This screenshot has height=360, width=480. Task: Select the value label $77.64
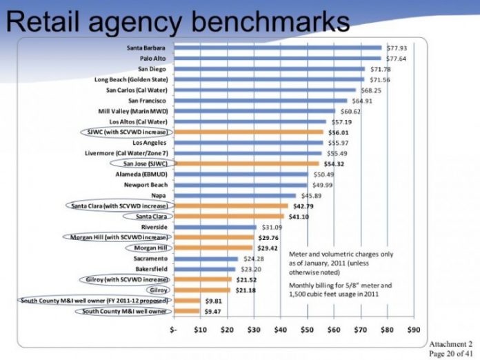pyautogui.click(x=399, y=59)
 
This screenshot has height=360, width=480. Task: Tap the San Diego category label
pyautogui.click(x=152, y=69)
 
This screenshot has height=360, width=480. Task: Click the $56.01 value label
pyautogui.click(x=338, y=132)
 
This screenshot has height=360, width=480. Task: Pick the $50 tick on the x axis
pyautogui.click(x=307, y=330)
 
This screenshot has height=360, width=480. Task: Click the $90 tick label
pyautogui.click(x=414, y=330)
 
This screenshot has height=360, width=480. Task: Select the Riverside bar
pyautogui.click(x=214, y=226)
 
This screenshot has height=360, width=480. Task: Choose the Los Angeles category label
pyautogui.click(x=150, y=142)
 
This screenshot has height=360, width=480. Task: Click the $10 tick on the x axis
pyautogui.click(x=200, y=330)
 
